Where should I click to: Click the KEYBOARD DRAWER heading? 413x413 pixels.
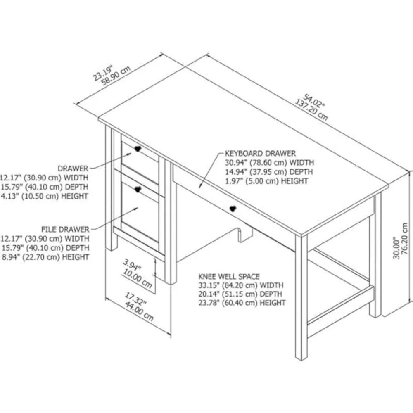click(x=260, y=153)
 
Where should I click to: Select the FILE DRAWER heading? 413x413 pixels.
click(x=65, y=229)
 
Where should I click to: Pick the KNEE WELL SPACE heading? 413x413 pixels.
click(x=229, y=276)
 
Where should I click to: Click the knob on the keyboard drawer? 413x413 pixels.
click(x=233, y=209)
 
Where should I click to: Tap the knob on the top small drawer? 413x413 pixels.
click(x=138, y=149)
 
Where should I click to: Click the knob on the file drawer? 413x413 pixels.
click(x=138, y=189)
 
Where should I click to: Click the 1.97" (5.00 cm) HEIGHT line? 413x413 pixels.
click(x=266, y=181)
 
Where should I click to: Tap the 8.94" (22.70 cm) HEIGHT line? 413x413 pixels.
click(x=44, y=257)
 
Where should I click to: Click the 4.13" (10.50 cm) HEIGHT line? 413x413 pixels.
click(x=44, y=196)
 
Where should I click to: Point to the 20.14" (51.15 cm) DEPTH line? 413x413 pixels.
click(x=241, y=294)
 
